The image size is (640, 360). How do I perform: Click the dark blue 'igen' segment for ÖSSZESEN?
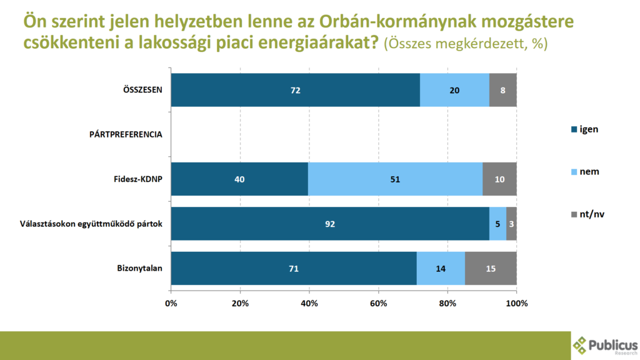pyautogui.click(x=295, y=90)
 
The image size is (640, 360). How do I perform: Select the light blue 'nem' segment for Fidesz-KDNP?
pyautogui.click(x=395, y=179)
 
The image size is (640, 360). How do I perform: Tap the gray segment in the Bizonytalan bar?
pyautogui.click(x=491, y=269)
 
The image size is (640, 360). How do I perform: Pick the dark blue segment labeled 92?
pyautogui.click(x=330, y=224)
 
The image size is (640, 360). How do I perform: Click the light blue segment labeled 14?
pyautogui.click(x=441, y=269)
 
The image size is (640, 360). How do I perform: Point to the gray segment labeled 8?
pyautogui.click(x=503, y=90)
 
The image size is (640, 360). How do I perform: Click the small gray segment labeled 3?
pyautogui.click(x=512, y=224)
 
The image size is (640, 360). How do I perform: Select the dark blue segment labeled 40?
pyautogui.click(x=239, y=179)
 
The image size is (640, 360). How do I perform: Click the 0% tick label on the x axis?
pyautogui.click(x=171, y=304)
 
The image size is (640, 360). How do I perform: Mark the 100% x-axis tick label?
pyautogui.click(x=516, y=304)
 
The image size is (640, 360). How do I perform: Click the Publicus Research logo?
pyautogui.click(x=604, y=345)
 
